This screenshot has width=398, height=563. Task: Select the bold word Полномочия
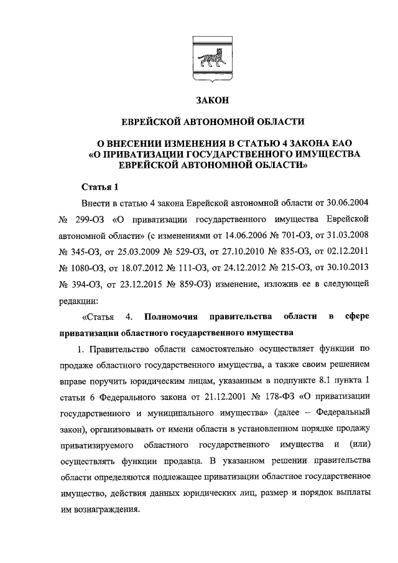pyautogui.click(x=176, y=317)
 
